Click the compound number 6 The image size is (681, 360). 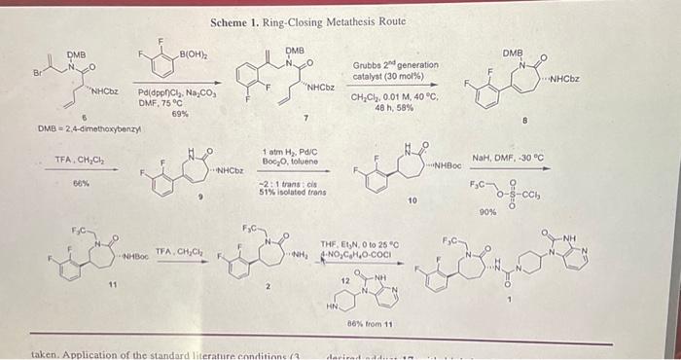tap(84, 116)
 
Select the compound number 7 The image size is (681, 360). tap(305, 118)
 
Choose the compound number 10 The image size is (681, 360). tap(412, 200)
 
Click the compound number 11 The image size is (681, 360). tap(112, 284)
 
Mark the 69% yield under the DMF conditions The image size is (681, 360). tap(179, 114)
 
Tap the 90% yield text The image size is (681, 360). tap(488, 211)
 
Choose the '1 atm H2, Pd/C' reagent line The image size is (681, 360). tap(291, 152)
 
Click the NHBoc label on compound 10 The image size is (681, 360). tap(446, 166)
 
